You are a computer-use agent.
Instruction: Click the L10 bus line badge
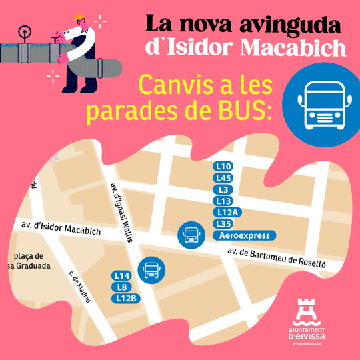pyautogui.click(x=223, y=166)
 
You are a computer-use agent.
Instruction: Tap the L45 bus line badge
pyautogui.click(x=223, y=178)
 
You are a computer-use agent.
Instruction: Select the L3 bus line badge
pyautogui.click(x=223, y=189)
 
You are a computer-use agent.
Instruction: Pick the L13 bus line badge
pyautogui.click(x=223, y=201)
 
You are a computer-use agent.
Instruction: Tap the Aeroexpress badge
pyautogui.click(x=243, y=235)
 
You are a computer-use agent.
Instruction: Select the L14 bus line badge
pyautogui.click(x=121, y=275)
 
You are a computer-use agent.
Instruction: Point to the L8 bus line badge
pyautogui.click(x=121, y=287)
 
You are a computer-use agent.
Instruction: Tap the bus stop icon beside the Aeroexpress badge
pyautogui.click(x=191, y=234)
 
